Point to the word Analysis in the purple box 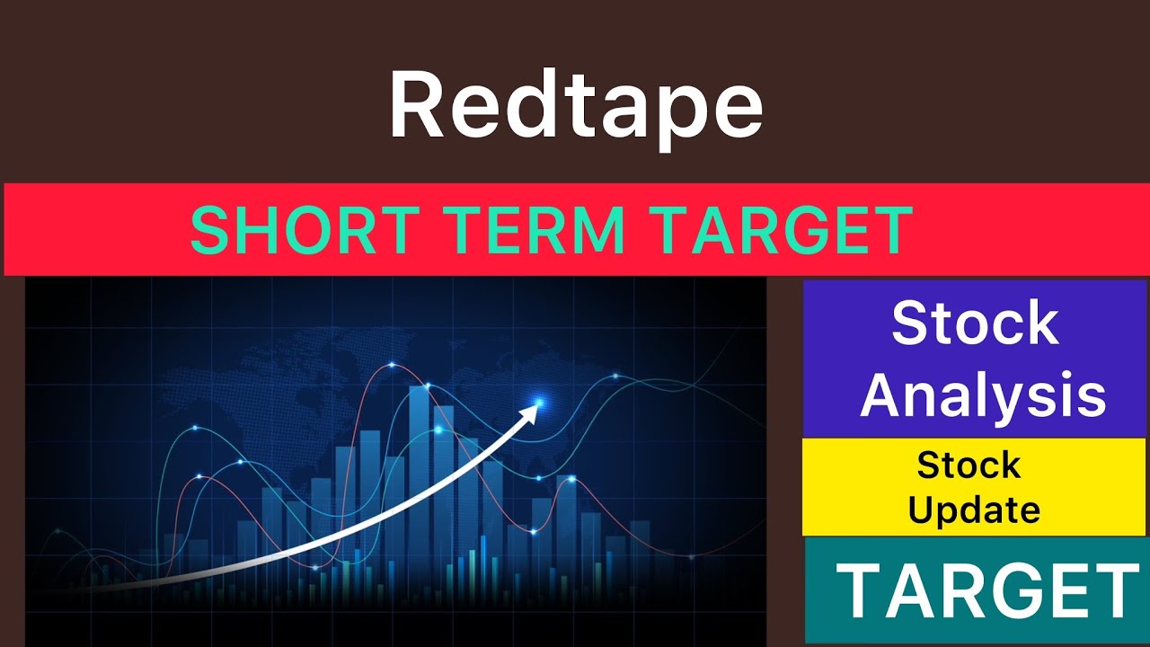pyautogui.click(x=983, y=395)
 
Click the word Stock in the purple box pyautogui.click(x=976, y=323)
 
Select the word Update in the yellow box pyautogui.click(x=974, y=510)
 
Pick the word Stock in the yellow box pyautogui.click(x=969, y=465)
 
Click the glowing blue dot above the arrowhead pyautogui.click(x=539, y=400)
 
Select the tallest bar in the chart pyautogui.click(x=420, y=467)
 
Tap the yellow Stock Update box pyautogui.click(x=974, y=487)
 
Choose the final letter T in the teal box pyautogui.click(x=1116, y=591)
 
